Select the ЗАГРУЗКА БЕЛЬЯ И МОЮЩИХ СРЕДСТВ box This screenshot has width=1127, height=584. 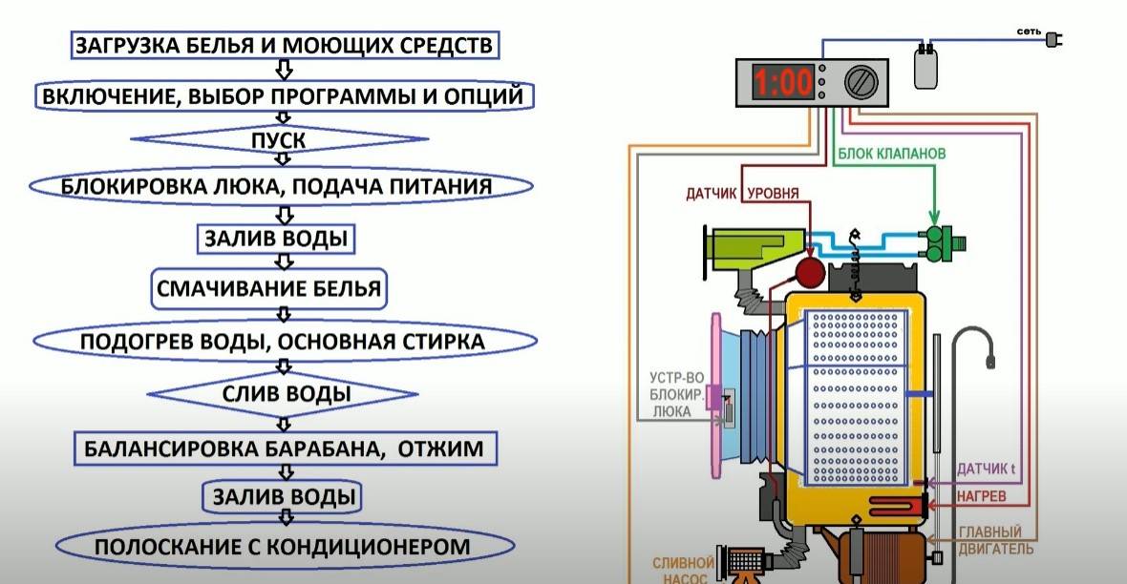[284, 44]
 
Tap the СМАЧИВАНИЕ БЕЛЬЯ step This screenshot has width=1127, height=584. [269, 288]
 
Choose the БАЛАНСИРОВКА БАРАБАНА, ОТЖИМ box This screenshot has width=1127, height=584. [284, 447]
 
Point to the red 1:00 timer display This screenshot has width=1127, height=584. [782, 84]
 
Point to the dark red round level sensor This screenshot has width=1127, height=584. [810, 274]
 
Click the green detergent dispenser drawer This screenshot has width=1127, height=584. [752, 249]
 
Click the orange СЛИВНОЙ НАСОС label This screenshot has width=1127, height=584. [683, 570]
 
